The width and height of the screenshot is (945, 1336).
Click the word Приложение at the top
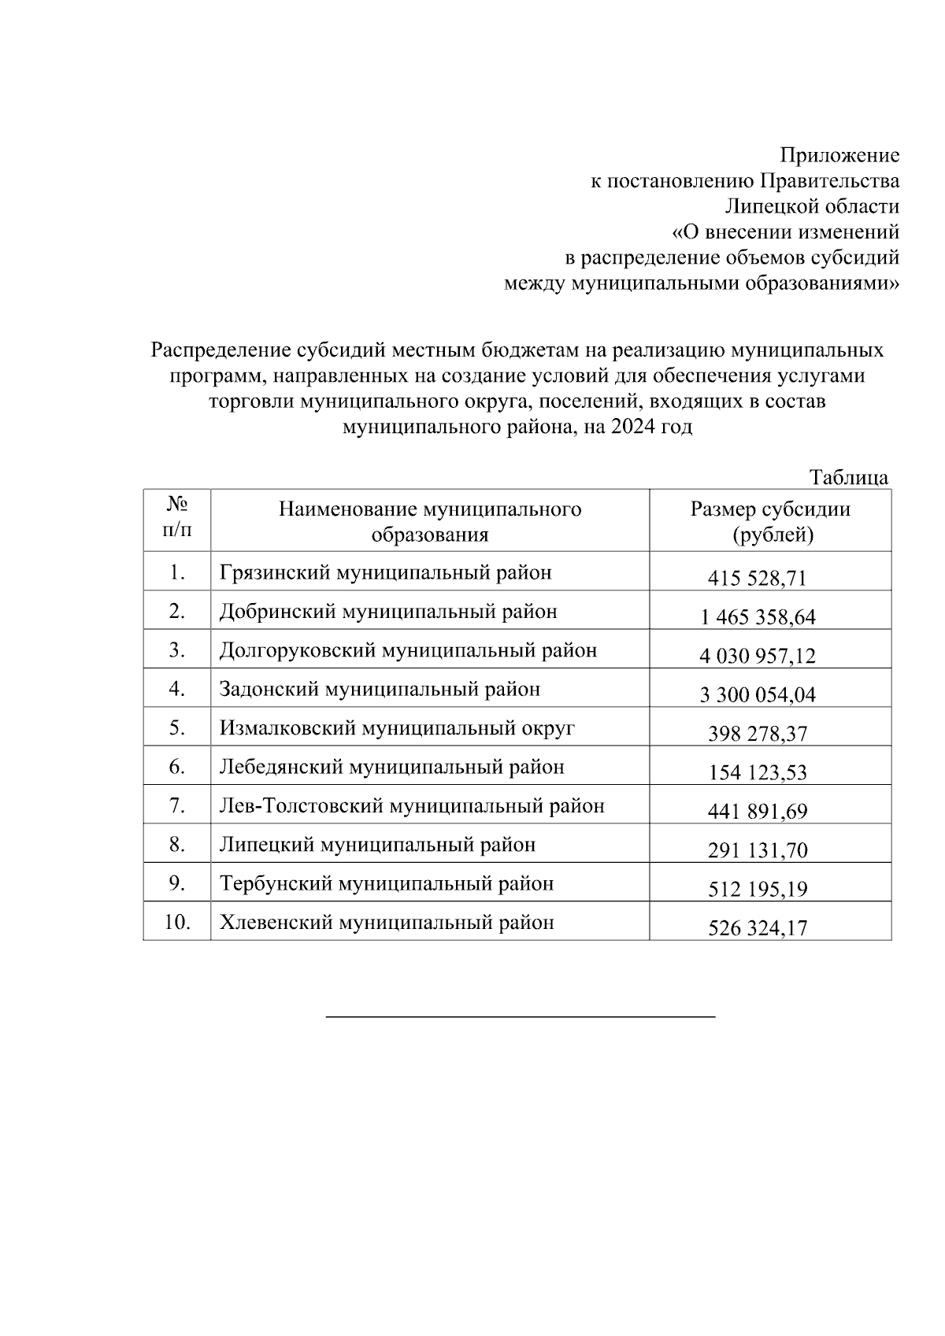pos(839,155)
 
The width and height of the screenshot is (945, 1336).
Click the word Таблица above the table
pos(849,477)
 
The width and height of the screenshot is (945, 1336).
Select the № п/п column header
pos(176,519)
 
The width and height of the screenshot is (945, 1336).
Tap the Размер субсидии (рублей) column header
pos(770,521)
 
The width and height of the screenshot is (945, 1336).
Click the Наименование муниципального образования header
pos(430,521)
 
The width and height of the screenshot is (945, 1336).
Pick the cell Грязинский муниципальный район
pos(385,572)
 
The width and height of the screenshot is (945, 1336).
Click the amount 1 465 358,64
pos(758,617)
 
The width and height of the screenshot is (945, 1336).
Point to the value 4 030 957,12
pos(758,656)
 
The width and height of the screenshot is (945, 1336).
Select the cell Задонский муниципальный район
pos(380,689)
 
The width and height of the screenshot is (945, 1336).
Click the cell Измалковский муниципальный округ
pos(397,727)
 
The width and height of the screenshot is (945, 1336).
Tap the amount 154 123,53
pos(758,772)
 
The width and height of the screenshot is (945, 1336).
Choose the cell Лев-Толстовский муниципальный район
pos(412,805)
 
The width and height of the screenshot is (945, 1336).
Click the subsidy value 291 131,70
pos(758,850)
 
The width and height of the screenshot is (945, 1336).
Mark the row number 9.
pos(176,883)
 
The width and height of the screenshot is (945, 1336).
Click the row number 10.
pos(176,922)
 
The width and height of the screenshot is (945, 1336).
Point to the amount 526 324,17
pos(758,928)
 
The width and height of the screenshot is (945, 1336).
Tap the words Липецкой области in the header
pos(812,206)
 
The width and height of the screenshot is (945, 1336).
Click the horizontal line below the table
pos(520,1017)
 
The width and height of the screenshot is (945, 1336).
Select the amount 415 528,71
pos(758,579)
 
